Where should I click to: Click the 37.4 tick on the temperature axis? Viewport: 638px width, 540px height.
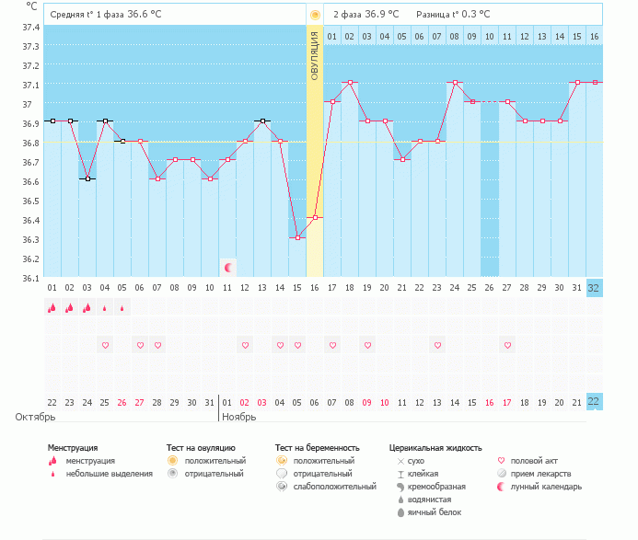point(30,28)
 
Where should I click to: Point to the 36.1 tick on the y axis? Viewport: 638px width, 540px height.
point(30,278)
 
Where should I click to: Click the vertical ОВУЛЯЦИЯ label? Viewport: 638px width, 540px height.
point(315,56)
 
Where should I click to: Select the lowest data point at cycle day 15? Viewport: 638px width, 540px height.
point(297,237)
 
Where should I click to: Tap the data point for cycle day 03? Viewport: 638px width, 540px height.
point(87,178)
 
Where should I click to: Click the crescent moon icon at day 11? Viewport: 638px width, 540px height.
point(228,268)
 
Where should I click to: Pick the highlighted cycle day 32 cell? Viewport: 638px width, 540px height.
point(594,287)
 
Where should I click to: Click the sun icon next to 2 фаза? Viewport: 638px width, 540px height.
point(315,15)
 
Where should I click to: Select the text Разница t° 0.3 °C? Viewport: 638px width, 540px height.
point(453,15)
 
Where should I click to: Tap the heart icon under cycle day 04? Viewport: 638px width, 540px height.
point(105,345)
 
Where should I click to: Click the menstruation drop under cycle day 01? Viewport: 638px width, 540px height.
point(52,308)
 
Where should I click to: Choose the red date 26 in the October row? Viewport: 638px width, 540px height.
point(122,403)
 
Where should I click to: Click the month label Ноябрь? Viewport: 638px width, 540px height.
point(238,417)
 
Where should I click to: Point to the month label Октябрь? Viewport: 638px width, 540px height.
point(35,417)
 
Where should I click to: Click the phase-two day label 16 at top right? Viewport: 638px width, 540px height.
point(594,36)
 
